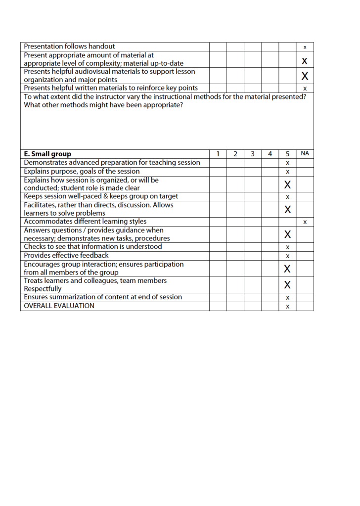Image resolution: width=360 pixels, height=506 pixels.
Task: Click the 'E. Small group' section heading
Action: [47, 154]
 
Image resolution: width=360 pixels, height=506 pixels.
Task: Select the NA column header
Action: [305, 154]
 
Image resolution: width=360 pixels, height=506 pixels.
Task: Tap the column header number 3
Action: [252, 154]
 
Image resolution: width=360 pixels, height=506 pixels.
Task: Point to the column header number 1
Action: [218, 154]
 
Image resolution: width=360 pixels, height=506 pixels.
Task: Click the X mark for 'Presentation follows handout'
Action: [305, 47]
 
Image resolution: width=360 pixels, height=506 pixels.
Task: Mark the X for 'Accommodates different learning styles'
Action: [305, 222]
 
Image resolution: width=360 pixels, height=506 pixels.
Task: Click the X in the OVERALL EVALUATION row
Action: [287, 307]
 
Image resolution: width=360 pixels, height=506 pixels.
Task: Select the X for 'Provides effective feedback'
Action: [287, 256]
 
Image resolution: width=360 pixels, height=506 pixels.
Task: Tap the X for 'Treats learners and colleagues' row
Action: [287, 285]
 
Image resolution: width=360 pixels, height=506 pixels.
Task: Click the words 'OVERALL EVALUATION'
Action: [59, 306]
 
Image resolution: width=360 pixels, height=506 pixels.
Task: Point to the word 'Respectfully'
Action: [43, 289]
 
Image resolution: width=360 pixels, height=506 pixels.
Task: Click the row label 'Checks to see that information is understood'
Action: [92, 247]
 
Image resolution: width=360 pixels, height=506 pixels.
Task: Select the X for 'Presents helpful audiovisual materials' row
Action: [305, 76]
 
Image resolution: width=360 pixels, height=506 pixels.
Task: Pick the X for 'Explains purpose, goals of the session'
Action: [287, 172]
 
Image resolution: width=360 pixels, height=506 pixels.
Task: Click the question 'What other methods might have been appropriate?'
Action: [103, 105]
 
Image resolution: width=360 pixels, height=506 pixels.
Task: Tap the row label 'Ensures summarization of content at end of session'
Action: [103, 297]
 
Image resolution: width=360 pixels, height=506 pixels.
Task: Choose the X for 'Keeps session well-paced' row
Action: [287, 197]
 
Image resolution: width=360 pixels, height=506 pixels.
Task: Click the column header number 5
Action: [287, 154]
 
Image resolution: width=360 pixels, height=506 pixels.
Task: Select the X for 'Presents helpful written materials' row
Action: [305, 89]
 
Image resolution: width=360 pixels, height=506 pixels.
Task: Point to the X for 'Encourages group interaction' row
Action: [287, 269]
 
